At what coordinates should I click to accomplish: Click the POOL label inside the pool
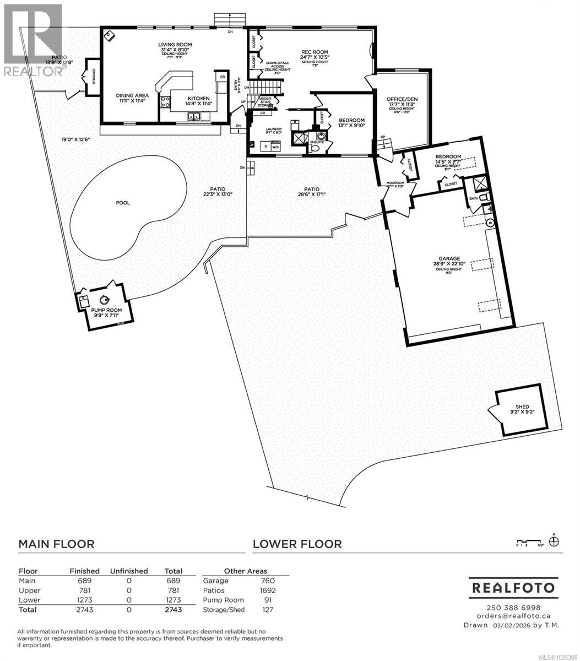123,203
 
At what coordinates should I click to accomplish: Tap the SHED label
522,407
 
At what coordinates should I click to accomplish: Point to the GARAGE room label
449,258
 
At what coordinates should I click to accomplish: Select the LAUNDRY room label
274,128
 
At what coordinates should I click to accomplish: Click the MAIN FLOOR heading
56,544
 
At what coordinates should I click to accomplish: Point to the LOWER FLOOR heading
297,544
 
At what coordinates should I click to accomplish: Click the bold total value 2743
173,610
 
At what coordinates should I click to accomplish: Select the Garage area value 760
268,581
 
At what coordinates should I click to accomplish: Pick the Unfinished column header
129,571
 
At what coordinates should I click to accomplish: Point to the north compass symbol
555,540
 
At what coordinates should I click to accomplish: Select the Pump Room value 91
269,600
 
